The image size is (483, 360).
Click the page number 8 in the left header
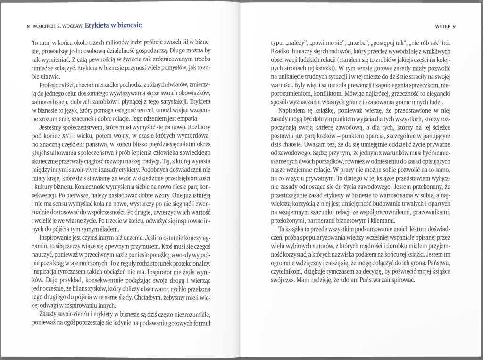tap(29, 26)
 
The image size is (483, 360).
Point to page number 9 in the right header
tap(460, 26)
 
